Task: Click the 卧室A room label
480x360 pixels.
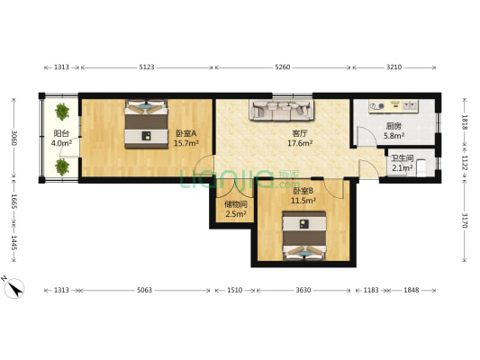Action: [x=186, y=133]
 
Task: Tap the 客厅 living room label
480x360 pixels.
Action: [x=299, y=133]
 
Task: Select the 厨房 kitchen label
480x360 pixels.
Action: [x=394, y=127]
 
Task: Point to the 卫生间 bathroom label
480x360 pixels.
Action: [x=402, y=157]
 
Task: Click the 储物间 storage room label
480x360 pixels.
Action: [x=235, y=203]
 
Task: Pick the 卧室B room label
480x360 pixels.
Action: [x=303, y=191]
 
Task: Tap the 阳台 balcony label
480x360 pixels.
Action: [x=61, y=133]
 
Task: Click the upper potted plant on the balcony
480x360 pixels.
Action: [x=62, y=112]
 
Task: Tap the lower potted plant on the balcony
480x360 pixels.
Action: [x=62, y=166]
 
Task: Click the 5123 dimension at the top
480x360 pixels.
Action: [x=148, y=67]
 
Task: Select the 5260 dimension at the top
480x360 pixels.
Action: [x=282, y=67]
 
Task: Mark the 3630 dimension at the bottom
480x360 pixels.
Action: [x=302, y=291]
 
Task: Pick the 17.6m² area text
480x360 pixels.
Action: [x=299, y=143]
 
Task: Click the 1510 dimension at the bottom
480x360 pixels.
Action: [x=234, y=291]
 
